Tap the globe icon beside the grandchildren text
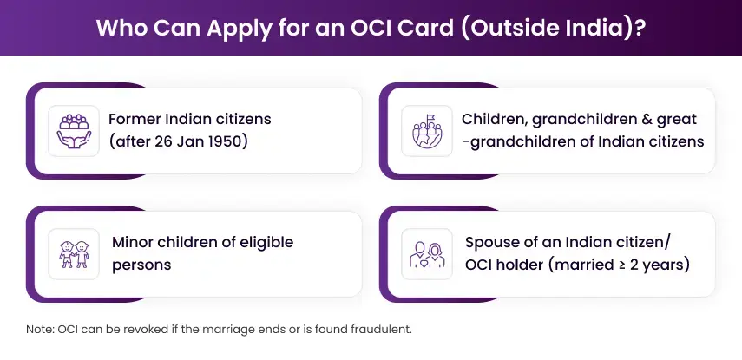pos(427,130)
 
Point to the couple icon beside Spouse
pos(427,253)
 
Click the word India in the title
pos(600,27)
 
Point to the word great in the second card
pos(677,119)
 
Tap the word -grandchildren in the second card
pos(515,141)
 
